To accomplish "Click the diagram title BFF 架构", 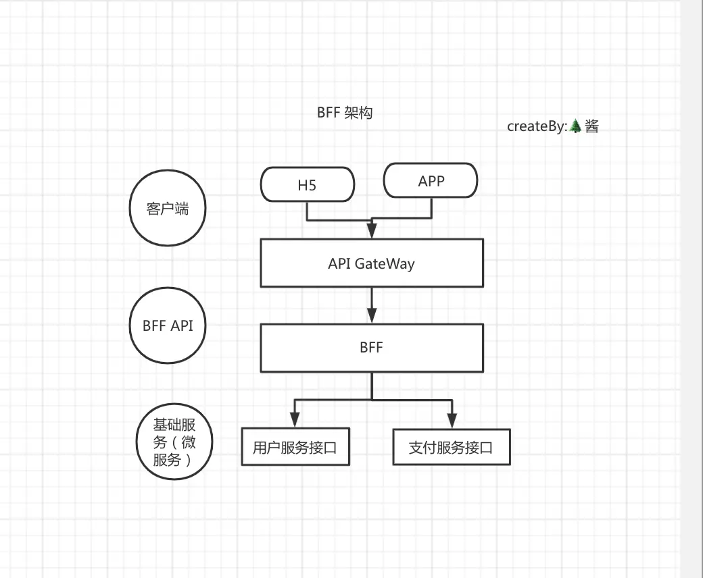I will click(x=344, y=113).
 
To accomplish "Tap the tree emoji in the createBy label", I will click(x=575, y=126).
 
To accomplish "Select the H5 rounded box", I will click(x=308, y=185).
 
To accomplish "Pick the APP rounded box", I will click(x=431, y=180).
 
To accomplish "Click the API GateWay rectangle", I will click(x=372, y=263).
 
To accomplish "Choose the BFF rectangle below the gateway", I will click(x=372, y=348).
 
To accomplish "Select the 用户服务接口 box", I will click(x=295, y=447).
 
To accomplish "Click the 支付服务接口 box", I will click(x=451, y=447).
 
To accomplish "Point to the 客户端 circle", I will click(x=167, y=209).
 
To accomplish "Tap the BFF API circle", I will click(x=167, y=325).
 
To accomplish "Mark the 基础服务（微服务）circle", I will click(x=174, y=442).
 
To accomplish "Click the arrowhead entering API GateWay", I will click(x=372, y=230).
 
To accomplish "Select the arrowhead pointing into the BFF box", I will click(x=372, y=315).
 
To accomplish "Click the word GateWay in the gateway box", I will click(x=385, y=263).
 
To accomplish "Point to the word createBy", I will click(x=535, y=126).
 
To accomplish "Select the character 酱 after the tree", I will click(x=591, y=126).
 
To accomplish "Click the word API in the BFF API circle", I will click(x=181, y=325).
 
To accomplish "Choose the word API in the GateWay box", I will click(x=339, y=263).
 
